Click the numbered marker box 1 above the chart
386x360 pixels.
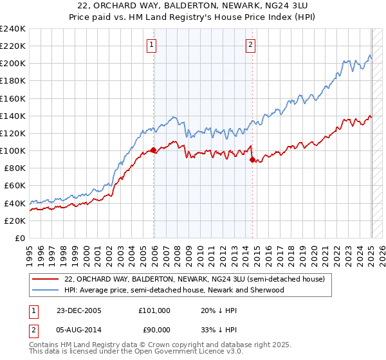click(x=151, y=45)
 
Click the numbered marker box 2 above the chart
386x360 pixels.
click(x=250, y=45)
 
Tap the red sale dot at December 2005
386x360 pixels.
click(x=154, y=150)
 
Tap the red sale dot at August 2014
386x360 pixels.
click(x=252, y=160)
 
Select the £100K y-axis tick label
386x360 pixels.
click(x=13, y=150)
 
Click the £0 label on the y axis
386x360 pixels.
click(x=21, y=238)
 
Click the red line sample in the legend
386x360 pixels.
click(x=46, y=279)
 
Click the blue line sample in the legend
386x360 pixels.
click(x=46, y=290)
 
